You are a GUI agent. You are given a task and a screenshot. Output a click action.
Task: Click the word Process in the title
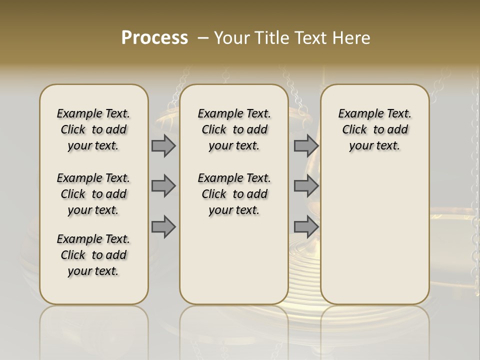(154, 38)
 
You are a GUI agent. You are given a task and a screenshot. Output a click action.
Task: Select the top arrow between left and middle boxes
(163, 145)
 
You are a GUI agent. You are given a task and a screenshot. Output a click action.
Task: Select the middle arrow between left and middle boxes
(163, 186)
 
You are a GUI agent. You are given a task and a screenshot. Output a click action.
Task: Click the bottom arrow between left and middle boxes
(163, 226)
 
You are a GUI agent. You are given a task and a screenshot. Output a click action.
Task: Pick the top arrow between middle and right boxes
(306, 145)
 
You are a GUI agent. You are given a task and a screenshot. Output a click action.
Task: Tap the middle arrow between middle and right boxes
(306, 186)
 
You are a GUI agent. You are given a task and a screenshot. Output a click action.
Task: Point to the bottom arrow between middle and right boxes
(306, 226)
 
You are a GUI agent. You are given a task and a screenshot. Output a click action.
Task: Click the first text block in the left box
(93, 129)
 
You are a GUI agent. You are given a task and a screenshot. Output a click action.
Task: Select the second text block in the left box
(93, 194)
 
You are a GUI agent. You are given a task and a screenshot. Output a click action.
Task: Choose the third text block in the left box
(93, 255)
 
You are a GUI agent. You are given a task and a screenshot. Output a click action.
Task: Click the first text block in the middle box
(234, 129)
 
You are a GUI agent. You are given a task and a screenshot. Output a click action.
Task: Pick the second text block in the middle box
(234, 194)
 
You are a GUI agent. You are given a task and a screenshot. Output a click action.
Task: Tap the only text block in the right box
(375, 129)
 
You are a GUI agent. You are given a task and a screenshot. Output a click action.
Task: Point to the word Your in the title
(232, 38)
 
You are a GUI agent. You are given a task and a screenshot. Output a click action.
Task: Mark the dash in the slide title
(203, 38)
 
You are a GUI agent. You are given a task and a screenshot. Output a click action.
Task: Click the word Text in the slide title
(308, 38)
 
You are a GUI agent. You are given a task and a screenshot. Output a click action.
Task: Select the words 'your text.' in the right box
(375, 146)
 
